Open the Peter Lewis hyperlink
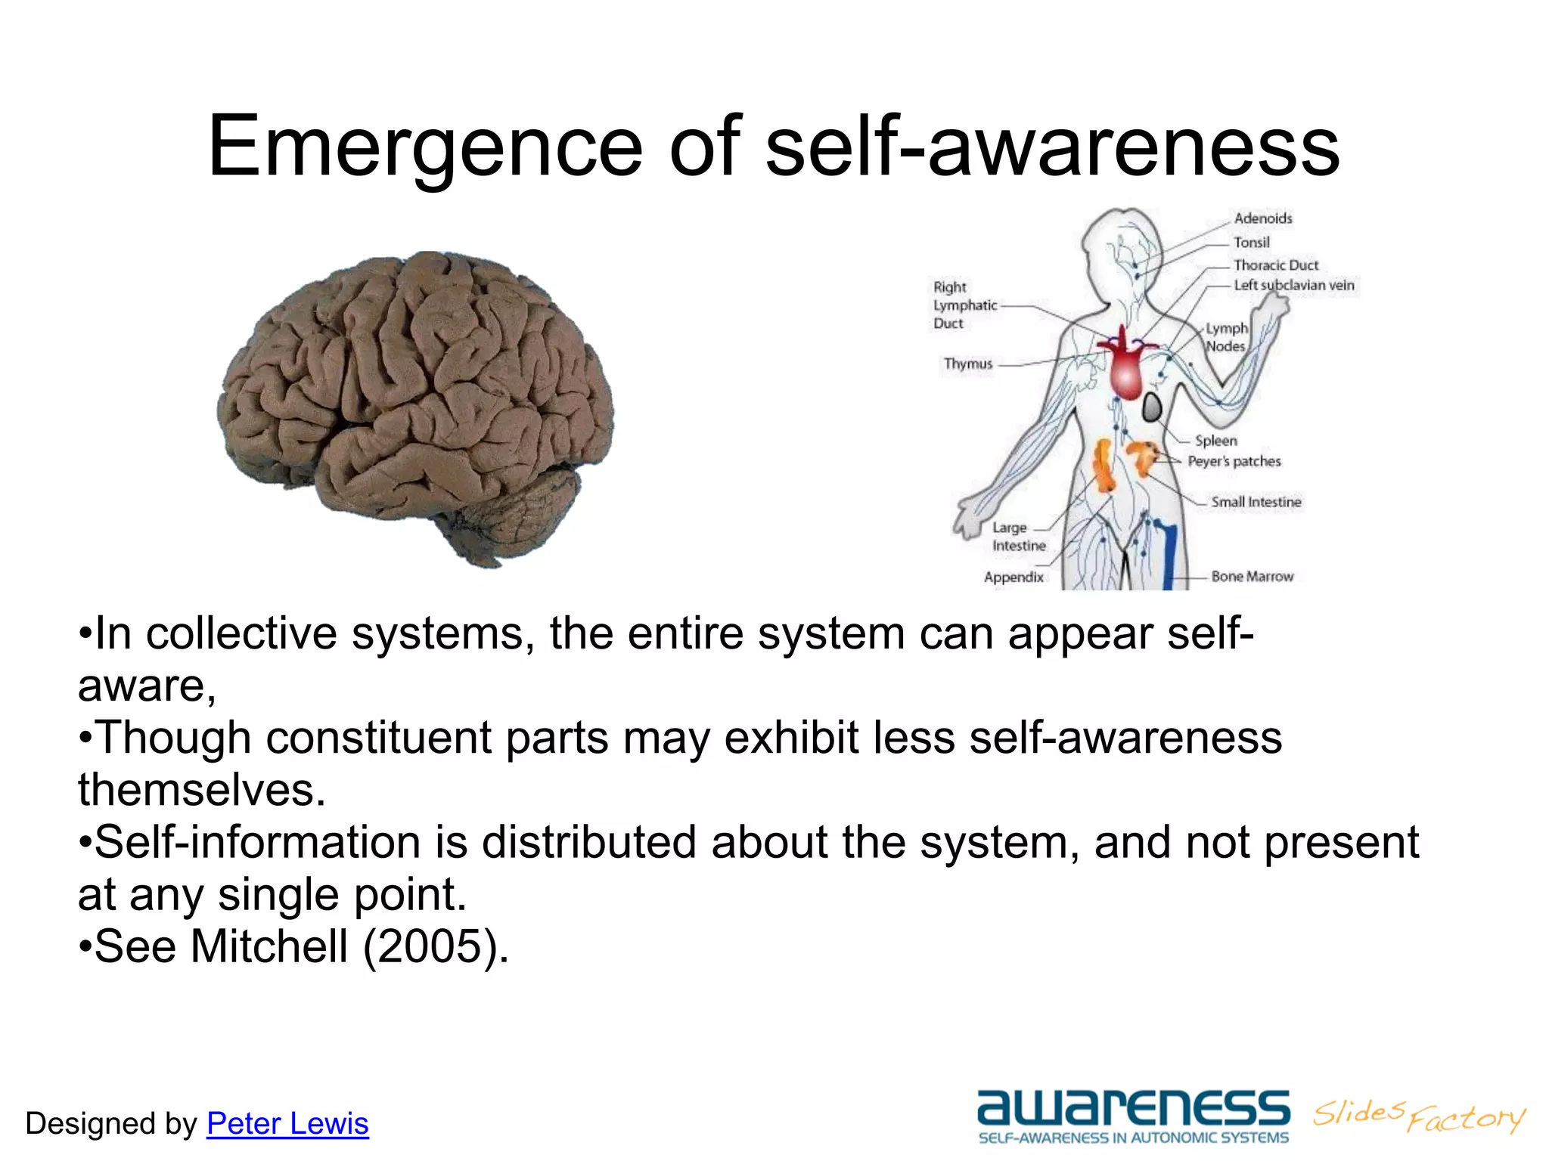[287, 1123]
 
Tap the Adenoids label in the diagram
[1263, 218]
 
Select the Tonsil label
[1252, 243]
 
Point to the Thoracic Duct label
[1276, 265]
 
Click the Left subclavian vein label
[1294, 286]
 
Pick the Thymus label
[967, 364]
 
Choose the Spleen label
[1216, 441]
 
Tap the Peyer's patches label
[1234, 461]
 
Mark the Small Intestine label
[1256, 502]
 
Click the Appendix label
[1014, 577]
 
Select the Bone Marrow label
[1253, 577]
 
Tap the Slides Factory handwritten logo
[1419, 1116]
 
